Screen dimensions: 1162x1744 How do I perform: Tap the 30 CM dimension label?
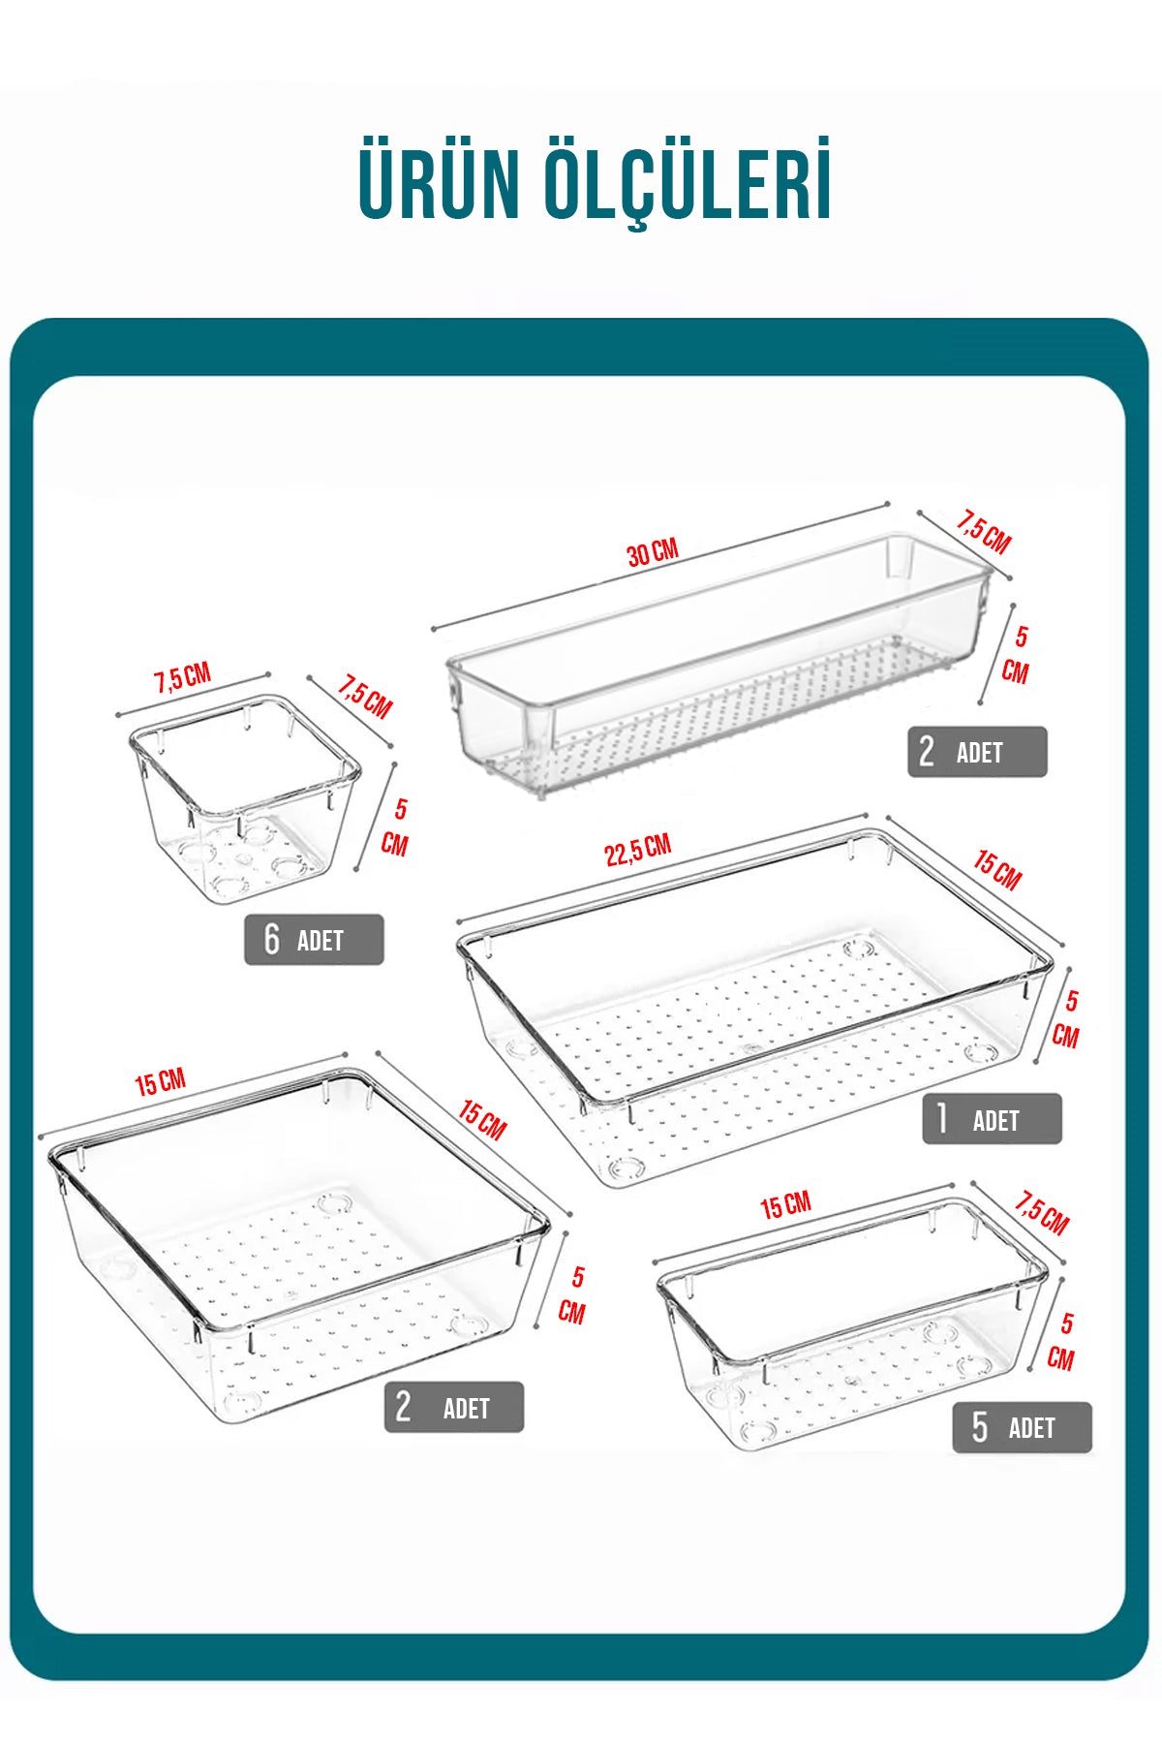(x=653, y=552)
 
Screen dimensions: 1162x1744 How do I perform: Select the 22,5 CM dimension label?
(x=638, y=850)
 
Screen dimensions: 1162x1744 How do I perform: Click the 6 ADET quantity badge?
(x=314, y=939)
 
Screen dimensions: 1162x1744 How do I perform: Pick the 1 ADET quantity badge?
(x=992, y=1119)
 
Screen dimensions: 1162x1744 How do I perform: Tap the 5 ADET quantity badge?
(x=1022, y=1427)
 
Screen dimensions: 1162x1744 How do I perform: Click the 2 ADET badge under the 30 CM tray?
(x=977, y=752)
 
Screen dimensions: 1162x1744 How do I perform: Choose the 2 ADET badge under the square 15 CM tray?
(x=454, y=1407)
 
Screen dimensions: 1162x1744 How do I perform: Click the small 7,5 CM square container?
(x=244, y=799)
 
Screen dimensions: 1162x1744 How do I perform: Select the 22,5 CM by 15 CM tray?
(x=753, y=1008)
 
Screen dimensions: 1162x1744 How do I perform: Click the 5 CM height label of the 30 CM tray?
(x=1016, y=654)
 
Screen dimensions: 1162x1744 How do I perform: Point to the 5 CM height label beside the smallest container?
(x=395, y=826)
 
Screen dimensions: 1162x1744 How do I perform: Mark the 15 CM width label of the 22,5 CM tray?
(x=997, y=870)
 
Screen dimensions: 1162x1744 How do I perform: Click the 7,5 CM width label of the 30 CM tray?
(x=984, y=532)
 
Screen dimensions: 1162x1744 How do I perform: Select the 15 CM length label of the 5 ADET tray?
(x=785, y=1205)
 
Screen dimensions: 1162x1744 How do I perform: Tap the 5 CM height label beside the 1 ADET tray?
(x=1066, y=1018)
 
